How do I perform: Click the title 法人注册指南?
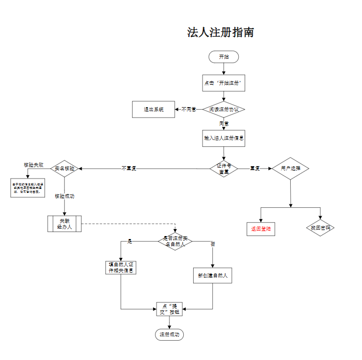coord(220,33)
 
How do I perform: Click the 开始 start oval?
coord(224,57)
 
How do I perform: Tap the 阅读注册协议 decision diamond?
coord(224,110)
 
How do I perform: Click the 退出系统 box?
coord(154,110)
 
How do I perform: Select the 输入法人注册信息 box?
coord(224,138)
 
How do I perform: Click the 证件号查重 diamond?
coord(224,169)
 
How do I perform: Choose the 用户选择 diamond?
coord(290,169)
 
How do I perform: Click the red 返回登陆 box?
coord(260,229)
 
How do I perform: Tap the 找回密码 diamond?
coord(320,228)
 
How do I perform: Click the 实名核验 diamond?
coord(65,169)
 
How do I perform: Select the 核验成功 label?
coord(64,196)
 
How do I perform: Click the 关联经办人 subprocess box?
coord(65,224)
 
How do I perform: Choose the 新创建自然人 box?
coord(212,276)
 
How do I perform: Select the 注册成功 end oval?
coord(170,335)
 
